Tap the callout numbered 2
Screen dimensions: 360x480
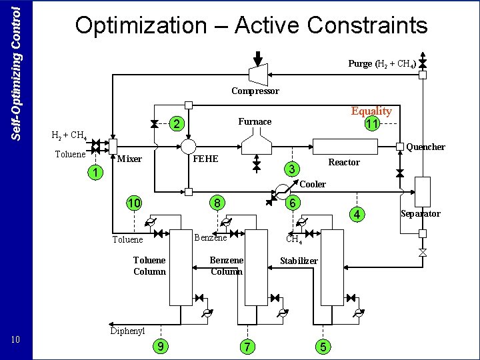(x=175, y=124)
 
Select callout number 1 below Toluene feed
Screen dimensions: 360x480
(x=96, y=173)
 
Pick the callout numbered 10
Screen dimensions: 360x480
(x=135, y=203)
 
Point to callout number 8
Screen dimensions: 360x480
(x=217, y=203)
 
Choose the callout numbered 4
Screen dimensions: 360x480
(x=357, y=214)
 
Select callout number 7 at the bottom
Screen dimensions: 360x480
(x=248, y=346)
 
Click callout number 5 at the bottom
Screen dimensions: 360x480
(x=323, y=346)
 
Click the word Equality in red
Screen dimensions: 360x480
(x=371, y=111)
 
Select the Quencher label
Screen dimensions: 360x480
(x=425, y=147)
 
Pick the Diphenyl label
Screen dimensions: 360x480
(x=127, y=331)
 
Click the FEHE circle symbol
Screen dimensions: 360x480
(x=189, y=147)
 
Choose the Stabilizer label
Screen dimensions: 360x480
(x=298, y=261)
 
